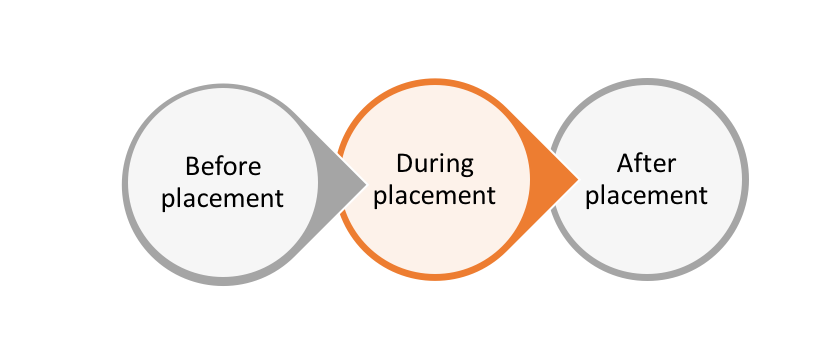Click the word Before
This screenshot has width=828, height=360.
coord(223,166)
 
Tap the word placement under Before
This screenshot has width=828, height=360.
coord(223,197)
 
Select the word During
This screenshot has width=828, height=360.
coord(435,163)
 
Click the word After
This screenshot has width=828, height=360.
coord(647,163)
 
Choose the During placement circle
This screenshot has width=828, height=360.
coord(435,235)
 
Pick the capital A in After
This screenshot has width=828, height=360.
coord(624,163)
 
